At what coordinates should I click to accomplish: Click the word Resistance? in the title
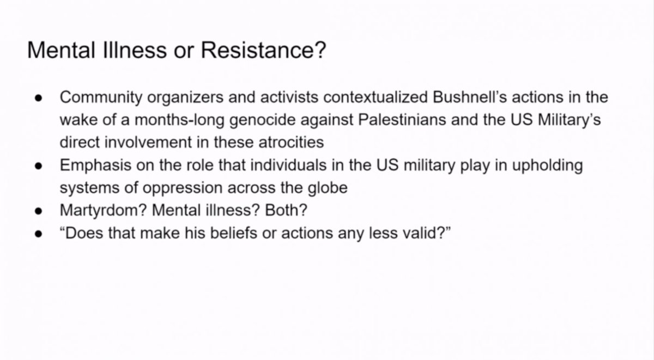(263, 50)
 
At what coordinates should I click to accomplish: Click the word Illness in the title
(135, 50)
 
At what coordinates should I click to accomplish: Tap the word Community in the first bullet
(101, 97)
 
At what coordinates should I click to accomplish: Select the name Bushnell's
(469, 97)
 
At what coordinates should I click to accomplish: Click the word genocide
(263, 120)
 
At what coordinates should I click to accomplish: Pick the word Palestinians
(402, 120)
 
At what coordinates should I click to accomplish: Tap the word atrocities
(291, 142)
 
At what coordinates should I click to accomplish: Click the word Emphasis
(96, 166)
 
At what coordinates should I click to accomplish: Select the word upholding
(547, 166)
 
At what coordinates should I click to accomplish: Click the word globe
(328, 188)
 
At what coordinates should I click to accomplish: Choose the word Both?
(286, 210)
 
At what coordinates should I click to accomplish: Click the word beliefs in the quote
(234, 233)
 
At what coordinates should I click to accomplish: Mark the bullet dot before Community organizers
(39, 99)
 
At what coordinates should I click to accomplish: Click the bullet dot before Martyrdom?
(39, 211)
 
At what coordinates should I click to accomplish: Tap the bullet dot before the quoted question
(39, 234)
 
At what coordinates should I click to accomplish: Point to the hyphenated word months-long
(179, 120)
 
